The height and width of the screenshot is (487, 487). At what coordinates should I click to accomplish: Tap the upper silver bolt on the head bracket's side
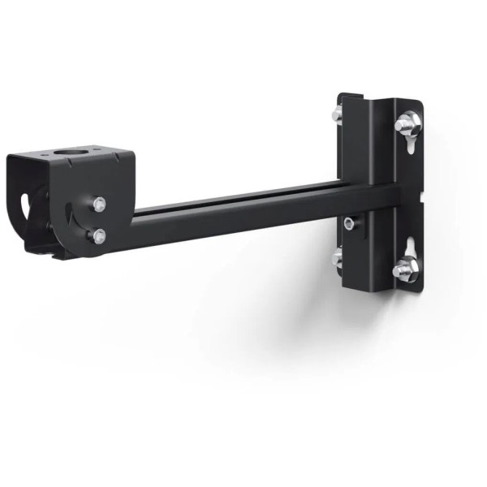point(98,204)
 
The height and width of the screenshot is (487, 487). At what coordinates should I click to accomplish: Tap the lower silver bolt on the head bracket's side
point(99,236)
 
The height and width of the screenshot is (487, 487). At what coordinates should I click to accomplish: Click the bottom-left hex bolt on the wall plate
point(338,258)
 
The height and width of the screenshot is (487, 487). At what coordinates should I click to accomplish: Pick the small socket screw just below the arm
point(348,222)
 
